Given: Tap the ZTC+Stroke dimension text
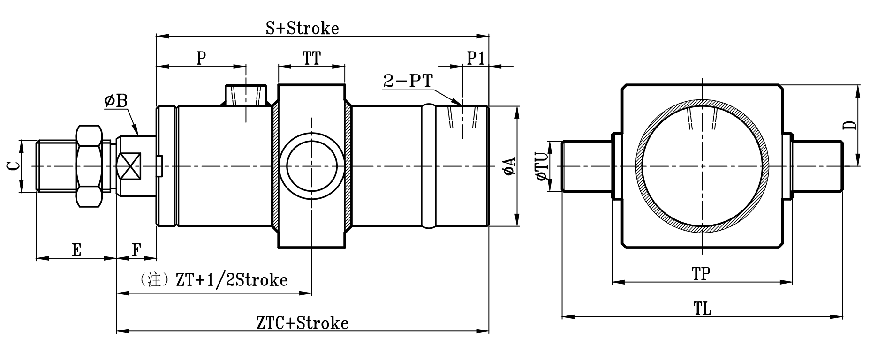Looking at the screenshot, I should [303, 323].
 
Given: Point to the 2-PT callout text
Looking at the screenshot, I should [407, 81].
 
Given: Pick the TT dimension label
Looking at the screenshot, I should [311, 59].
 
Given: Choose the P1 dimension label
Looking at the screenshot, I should [476, 59].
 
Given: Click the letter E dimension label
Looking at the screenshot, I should [76, 250].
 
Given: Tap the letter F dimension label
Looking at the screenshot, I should [136, 250].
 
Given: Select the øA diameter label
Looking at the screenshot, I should [509, 166].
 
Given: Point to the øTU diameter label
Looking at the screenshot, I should [543, 166].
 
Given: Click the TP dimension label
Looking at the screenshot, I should [702, 273].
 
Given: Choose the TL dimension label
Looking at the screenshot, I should [702, 308].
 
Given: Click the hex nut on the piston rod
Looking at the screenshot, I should [89, 166].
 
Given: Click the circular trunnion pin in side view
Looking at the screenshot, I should [311, 166].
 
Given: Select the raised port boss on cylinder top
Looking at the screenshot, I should [246, 95].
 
